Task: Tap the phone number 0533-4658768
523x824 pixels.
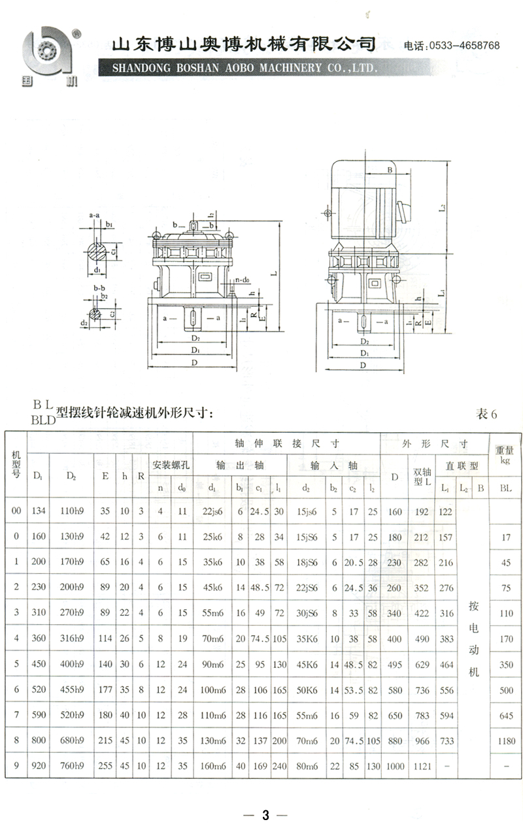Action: [462, 46]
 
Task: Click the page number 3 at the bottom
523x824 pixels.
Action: [265, 815]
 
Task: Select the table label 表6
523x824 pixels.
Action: [487, 414]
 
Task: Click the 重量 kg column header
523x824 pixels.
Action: [505, 454]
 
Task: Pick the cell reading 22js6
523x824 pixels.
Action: [213, 512]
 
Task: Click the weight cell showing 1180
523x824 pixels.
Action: [505, 741]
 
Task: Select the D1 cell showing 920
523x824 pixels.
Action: [39, 767]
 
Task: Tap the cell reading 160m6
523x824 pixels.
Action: [213, 767]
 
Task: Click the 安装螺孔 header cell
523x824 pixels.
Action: [171, 465]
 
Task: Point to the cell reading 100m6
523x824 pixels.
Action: [213, 690]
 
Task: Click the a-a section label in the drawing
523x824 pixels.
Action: [94, 214]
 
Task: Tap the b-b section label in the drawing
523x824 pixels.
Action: [99, 287]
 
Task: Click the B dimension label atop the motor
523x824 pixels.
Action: [389, 170]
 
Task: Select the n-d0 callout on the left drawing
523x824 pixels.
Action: [243, 280]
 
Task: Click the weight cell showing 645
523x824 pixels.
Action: [505, 716]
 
